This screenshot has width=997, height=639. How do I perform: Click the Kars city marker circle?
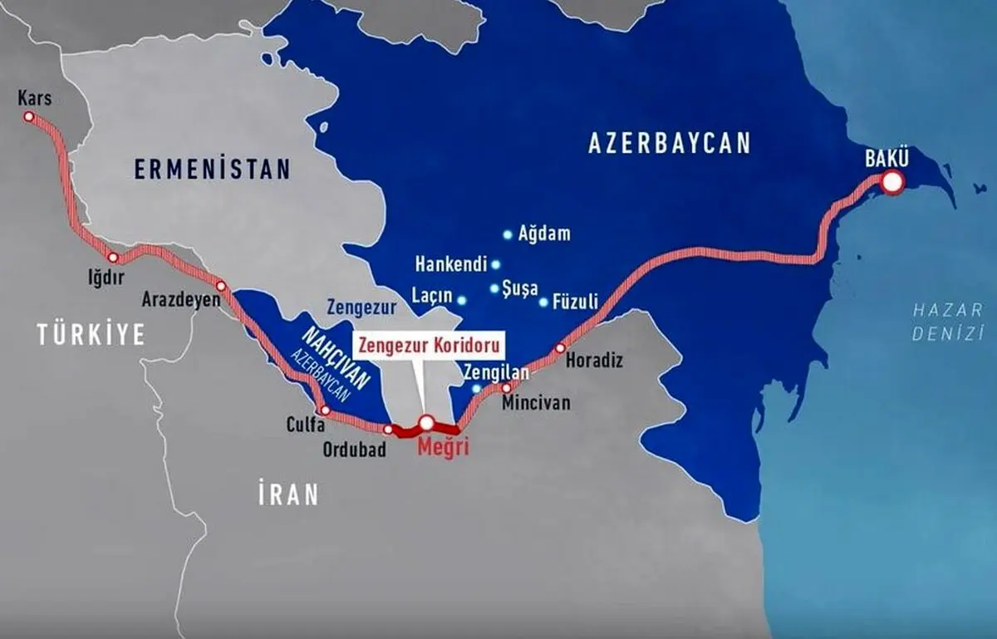coord(29,117)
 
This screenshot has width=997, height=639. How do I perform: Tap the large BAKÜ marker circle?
coord(892,183)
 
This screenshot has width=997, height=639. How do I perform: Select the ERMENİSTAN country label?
coord(214,170)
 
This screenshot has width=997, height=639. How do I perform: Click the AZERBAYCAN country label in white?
coord(669,143)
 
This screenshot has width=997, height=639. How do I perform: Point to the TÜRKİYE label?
coord(91,335)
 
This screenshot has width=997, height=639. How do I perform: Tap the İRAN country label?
coord(288,495)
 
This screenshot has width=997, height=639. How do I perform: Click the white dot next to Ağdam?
coord(508,235)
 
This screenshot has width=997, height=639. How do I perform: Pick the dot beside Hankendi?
coord(496,265)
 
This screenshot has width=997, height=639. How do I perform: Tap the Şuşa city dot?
coord(495,289)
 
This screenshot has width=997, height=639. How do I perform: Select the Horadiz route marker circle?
coord(561,348)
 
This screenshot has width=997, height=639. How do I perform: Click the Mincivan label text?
coord(537,403)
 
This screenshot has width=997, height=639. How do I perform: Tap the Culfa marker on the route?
coord(325,410)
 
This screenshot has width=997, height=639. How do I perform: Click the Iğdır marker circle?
coord(113,258)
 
